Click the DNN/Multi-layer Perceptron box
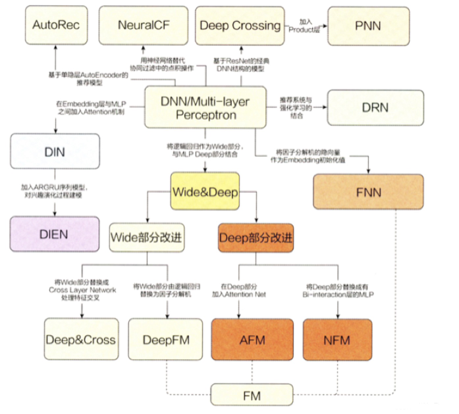205,107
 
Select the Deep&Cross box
80,340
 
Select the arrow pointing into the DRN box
308,106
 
